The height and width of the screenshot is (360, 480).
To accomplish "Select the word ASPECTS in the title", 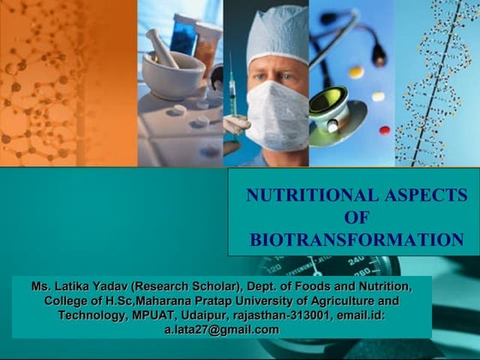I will coord(412,195).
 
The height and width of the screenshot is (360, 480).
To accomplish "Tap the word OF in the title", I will coord(354,217).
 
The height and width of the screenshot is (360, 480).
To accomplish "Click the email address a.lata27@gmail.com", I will coord(228,330).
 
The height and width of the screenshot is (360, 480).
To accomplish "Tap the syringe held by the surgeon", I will coord(231,94).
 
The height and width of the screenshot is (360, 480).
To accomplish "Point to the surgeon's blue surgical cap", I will coord(276,30).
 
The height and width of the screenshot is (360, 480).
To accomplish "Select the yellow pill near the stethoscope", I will coord(356,72).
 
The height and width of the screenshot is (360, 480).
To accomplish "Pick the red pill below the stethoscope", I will coord(385,129).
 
